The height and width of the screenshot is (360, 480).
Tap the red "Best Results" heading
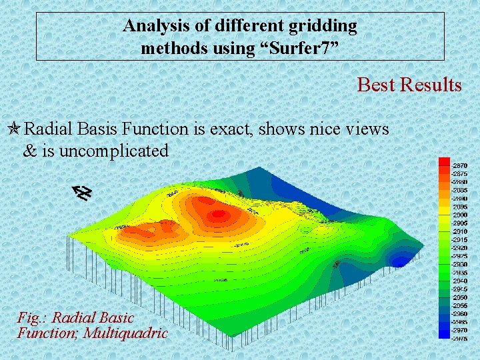tap(409, 85)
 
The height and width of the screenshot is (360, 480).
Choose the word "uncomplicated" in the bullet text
tap(114, 151)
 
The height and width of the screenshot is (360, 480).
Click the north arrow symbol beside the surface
tap(82, 193)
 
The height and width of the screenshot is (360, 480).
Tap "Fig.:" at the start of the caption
tap(33, 317)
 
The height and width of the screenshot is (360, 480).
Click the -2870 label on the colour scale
tap(459, 165)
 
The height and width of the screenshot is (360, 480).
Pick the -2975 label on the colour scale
tap(459, 338)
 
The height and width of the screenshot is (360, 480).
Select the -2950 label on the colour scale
tap(459, 297)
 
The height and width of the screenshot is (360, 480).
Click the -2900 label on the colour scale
tap(459, 214)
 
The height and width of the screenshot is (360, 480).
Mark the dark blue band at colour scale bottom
tap(444, 335)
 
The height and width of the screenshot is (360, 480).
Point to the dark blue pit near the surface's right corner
tap(402, 261)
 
